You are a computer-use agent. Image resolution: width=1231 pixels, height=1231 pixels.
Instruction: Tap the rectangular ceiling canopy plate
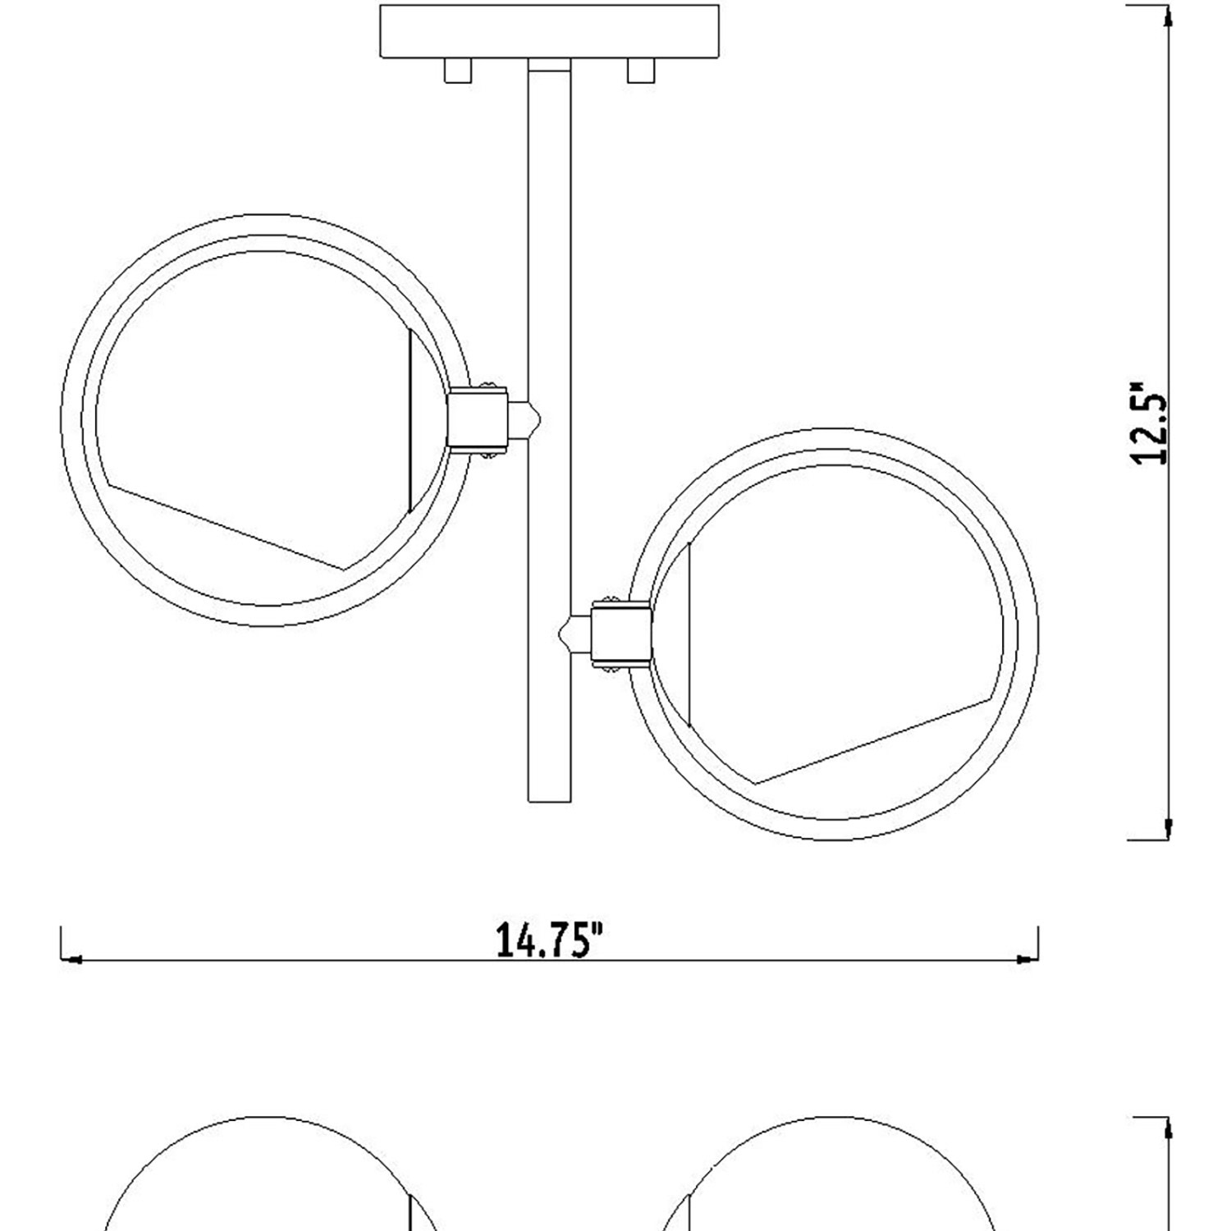(x=550, y=31)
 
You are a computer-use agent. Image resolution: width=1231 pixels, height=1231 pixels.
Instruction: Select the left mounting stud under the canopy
(x=458, y=71)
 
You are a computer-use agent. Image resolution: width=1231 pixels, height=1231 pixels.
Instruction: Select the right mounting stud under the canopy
(x=641, y=71)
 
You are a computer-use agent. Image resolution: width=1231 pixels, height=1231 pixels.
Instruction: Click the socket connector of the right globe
(x=621, y=634)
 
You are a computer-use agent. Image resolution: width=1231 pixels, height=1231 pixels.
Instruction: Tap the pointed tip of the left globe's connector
(x=541, y=419)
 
